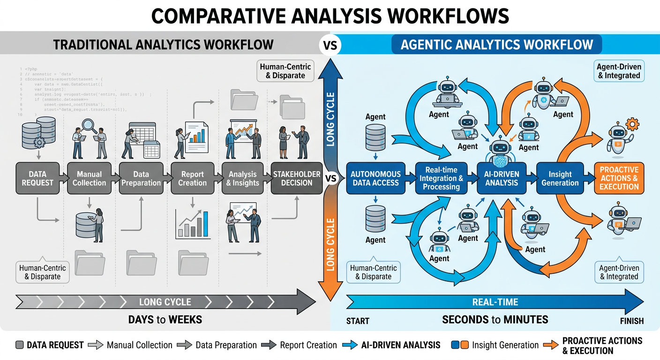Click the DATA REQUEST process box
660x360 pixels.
[37, 178]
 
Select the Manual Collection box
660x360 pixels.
[89, 178]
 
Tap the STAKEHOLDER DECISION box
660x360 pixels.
[296, 178]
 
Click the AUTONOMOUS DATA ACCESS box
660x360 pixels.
[375, 178]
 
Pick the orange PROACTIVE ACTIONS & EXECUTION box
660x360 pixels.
[619, 178]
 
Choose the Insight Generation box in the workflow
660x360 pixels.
[560, 178]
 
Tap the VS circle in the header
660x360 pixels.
[330, 46]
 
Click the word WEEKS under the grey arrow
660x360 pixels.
[185, 320]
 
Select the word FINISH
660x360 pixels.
[631, 321]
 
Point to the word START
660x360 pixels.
[358, 321]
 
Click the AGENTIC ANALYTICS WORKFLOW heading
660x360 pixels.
[496, 45]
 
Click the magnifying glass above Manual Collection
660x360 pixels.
[88, 124]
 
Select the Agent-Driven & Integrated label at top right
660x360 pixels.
[619, 71]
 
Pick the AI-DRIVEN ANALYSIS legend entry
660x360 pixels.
[401, 345]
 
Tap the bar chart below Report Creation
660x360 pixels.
[193, 224]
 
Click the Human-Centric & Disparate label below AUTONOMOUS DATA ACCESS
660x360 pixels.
[373, 272]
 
